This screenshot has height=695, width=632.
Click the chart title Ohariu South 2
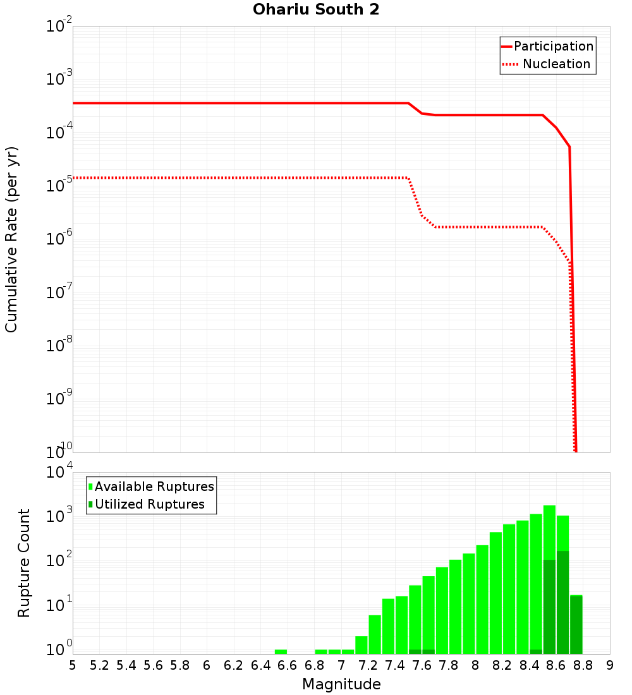tap(316, 10)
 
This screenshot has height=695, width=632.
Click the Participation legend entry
tap(553, 46)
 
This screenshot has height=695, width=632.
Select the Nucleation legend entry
tap(556, 64)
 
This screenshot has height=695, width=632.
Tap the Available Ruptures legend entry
tap(154, 486)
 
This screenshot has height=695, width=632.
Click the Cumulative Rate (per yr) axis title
tap(11, 239)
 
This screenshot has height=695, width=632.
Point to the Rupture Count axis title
tap(24, 562)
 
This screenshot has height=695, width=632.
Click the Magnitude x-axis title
tap(341, 684)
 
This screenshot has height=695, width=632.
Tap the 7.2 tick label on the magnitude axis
tap(368, 665)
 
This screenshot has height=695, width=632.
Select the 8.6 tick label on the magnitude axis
tap(556, 665)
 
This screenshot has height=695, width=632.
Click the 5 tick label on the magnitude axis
tap(73, 665)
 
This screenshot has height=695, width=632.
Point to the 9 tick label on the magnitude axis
tap(610, 665)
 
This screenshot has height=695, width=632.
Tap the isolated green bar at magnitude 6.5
tap(281, 651)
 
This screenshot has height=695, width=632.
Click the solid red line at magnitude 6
tap(207, 103)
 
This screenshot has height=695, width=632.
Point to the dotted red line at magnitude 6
tap(207, 178)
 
